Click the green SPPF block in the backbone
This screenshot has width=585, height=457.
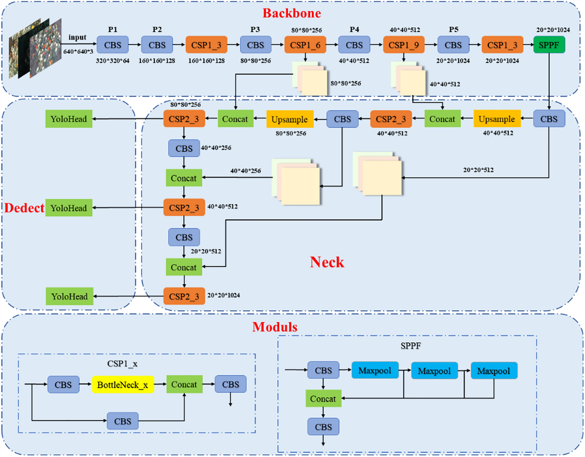click(549, 45)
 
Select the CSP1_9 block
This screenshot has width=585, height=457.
click(404, 45)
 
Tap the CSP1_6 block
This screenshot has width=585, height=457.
click(305, 45)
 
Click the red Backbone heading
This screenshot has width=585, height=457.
click(292, 13)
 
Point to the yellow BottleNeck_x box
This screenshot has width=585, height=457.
click(123, 385)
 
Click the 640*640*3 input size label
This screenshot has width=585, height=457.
click(78, 52)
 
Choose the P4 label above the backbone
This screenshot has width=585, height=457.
click(354, 29)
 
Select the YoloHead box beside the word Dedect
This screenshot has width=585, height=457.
click(69, 208)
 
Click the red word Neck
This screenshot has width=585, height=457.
click(327, 262)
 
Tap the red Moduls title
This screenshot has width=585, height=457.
click(275, 327)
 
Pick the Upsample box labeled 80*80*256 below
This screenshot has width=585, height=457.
click(290, 119)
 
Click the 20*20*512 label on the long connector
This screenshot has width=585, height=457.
click(478, 170)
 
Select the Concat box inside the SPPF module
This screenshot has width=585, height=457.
click(323, 399)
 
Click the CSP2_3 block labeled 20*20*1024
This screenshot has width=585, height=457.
click(184, 296)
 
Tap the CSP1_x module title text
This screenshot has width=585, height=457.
click(122, 364)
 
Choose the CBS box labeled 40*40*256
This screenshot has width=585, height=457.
click(184, 148)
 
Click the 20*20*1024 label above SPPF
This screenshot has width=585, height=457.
click(553, 30)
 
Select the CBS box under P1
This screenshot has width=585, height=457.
click(112, 45)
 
